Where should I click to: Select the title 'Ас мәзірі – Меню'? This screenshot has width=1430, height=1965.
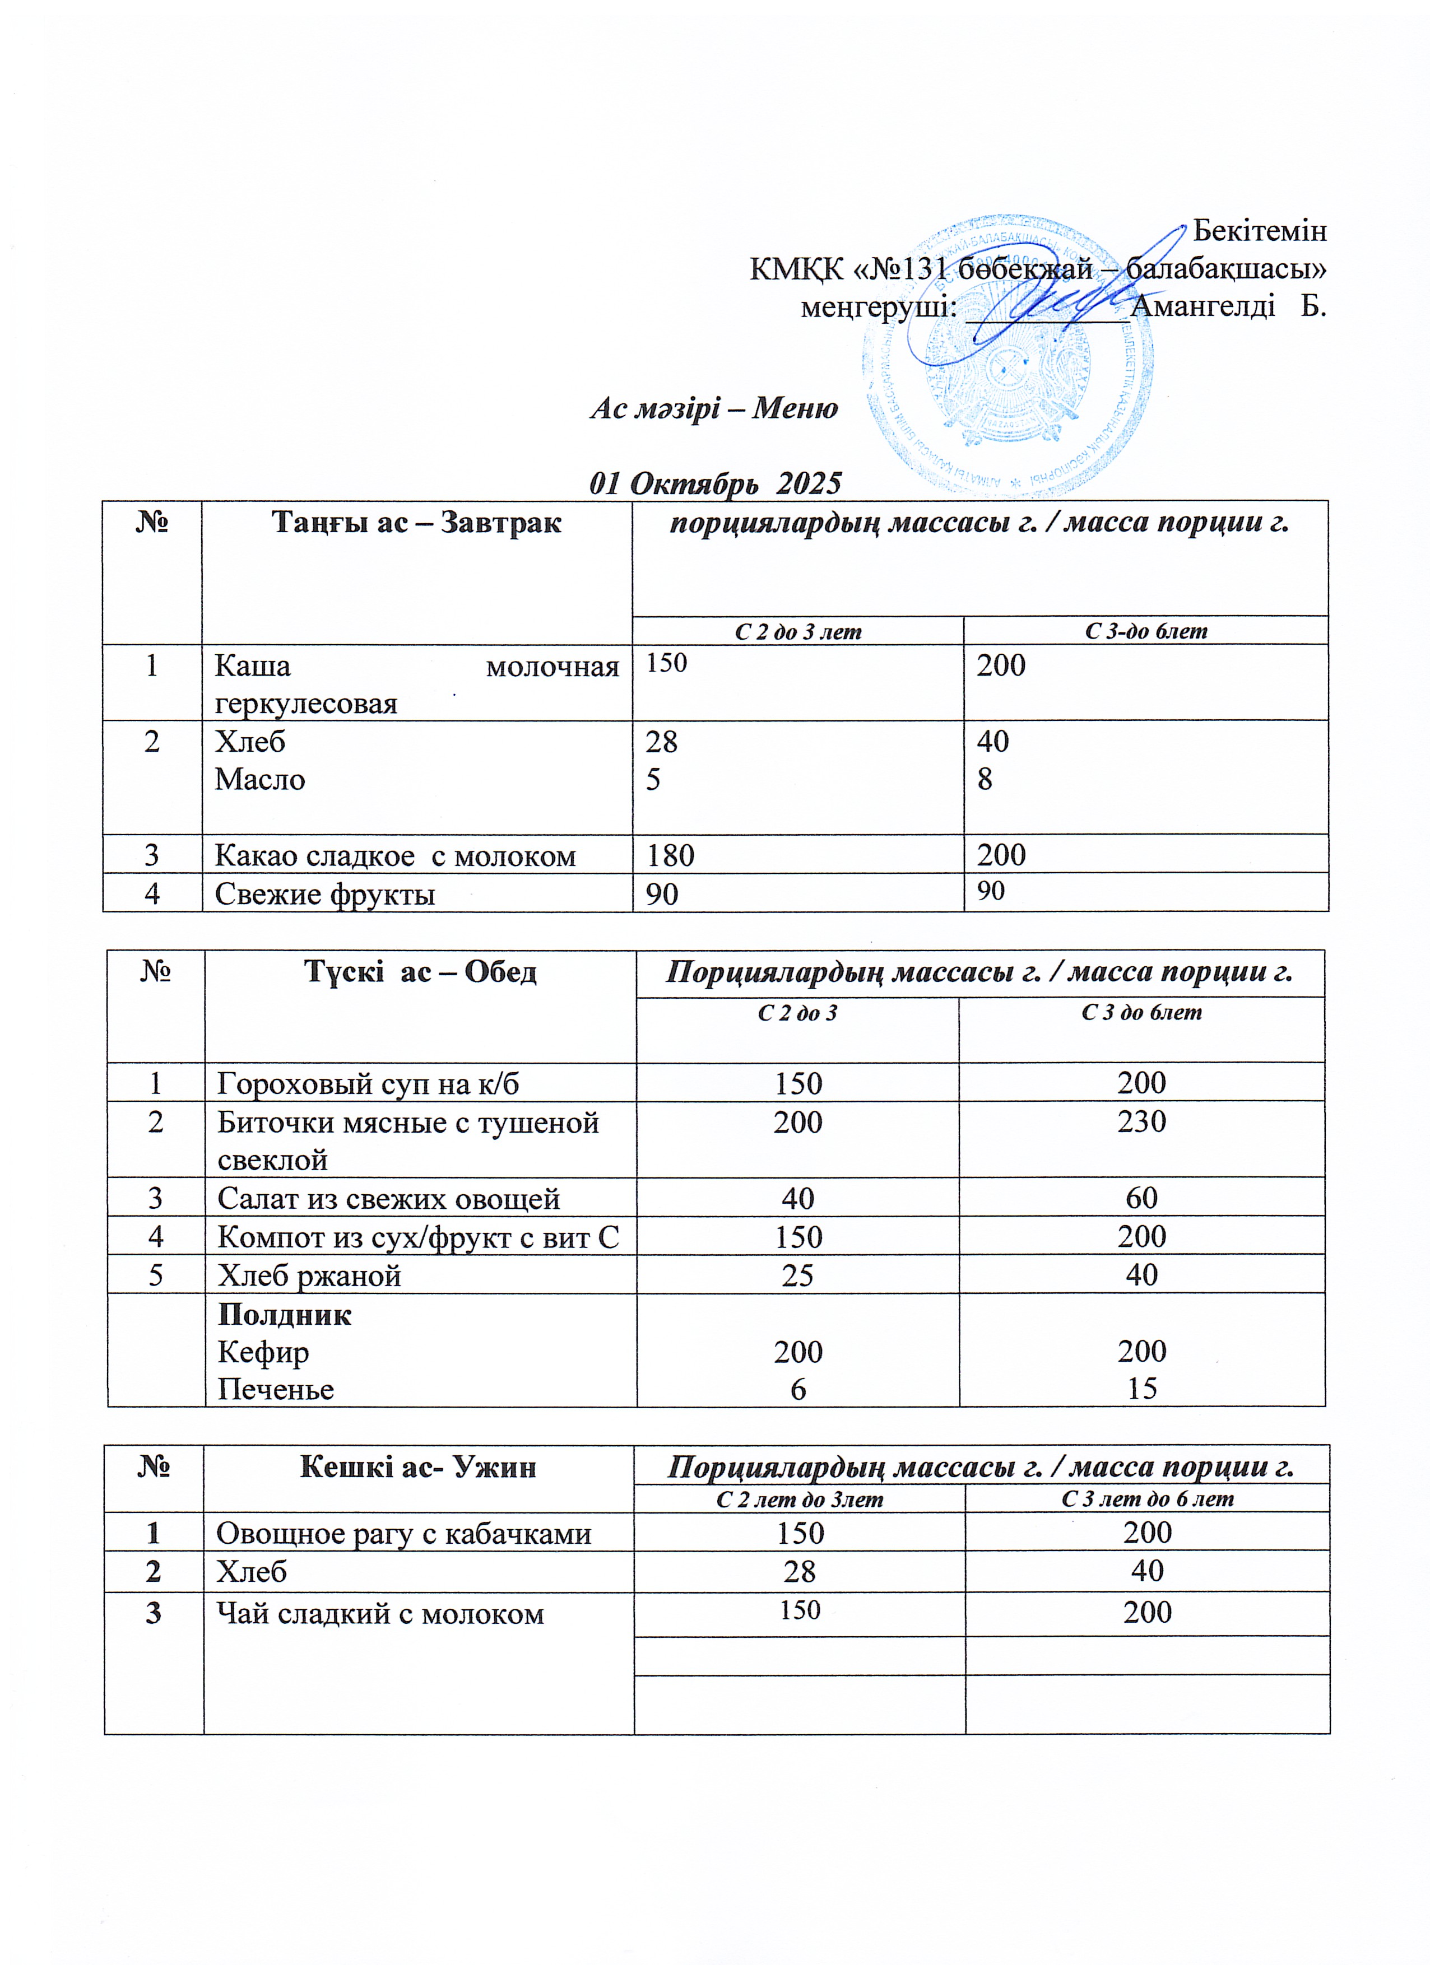click(x=714, y=408)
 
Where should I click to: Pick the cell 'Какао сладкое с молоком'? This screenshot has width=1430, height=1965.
click(x=395, y=856)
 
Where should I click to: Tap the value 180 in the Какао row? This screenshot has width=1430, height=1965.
click(x=671, y=856)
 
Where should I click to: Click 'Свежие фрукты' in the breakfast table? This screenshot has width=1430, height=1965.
click(x=325, y=894)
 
